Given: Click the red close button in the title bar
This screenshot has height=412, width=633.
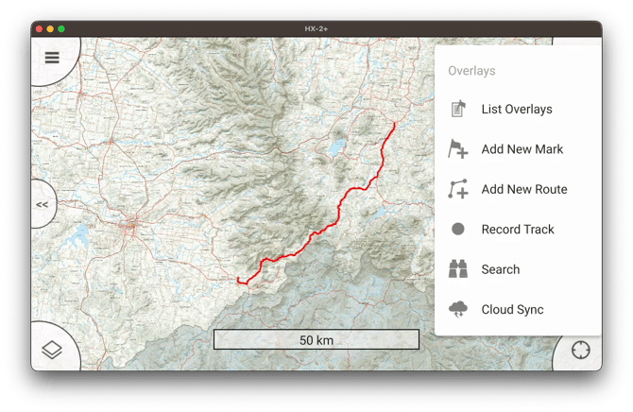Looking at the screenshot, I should (x=39, y=29).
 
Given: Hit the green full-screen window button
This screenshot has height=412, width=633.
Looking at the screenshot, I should (x=61, y=29).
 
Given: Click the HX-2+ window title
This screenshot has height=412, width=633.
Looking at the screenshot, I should (x=316, y=29).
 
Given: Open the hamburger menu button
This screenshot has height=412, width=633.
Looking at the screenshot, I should (x=52, y=58).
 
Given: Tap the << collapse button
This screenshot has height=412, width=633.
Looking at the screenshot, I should (x=43, y=203).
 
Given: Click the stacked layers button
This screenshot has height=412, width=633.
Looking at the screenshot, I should (x=52, y=350).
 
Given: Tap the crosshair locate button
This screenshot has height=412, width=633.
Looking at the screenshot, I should (x=580, y=350).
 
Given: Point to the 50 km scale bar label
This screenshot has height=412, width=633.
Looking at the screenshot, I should (x=316, y=340).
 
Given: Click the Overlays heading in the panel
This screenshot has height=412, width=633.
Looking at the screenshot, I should (x=471, y=71).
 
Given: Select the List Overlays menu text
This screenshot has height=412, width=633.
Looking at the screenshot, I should (x=516, y=110).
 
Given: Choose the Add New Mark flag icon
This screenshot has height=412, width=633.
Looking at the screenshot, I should (x=458, y=149).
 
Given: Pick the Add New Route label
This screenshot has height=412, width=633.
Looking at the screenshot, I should (x=523, y=189).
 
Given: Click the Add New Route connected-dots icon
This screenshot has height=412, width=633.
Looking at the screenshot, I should (x=458, y=189).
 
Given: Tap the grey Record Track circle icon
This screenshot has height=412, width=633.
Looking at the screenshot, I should (x=458, y=230).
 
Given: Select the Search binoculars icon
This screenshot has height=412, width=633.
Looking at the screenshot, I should (x=458, y=269).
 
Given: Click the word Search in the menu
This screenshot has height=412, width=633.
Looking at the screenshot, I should (x=500, y=269).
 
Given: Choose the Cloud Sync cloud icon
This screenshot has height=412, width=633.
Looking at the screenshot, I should (x=458, y=309).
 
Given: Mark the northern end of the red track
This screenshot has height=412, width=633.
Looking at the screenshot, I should (x=394, y=123).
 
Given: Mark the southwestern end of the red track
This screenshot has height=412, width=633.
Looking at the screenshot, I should (x=238, y=279).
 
